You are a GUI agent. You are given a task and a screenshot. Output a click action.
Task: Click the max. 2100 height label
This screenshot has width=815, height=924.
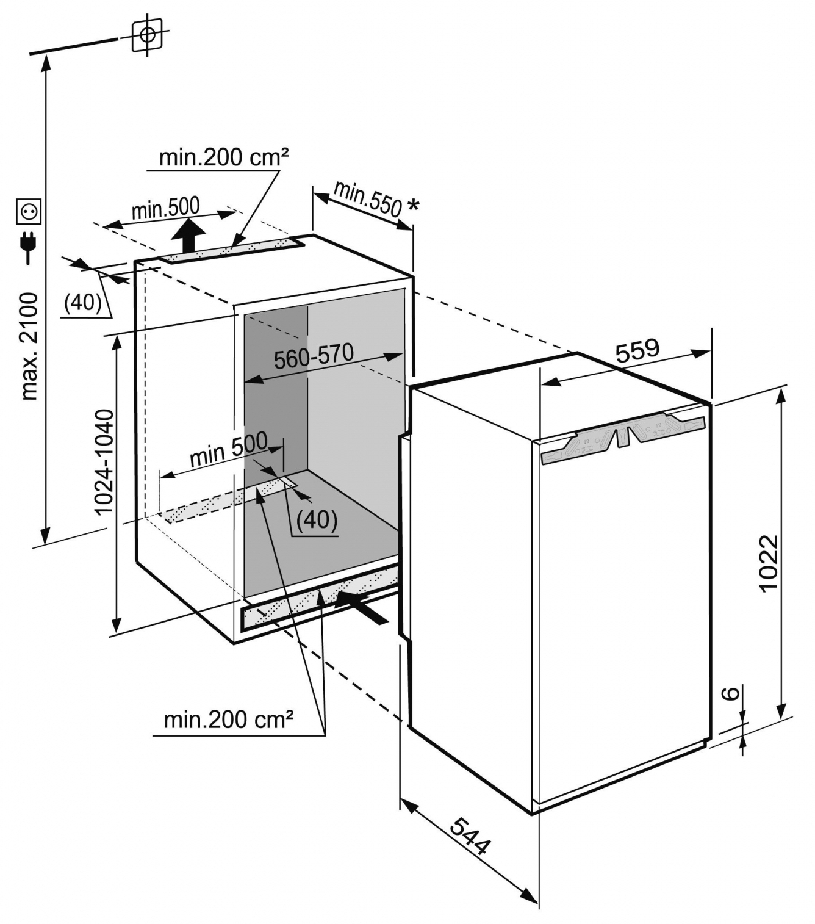click(30, 347)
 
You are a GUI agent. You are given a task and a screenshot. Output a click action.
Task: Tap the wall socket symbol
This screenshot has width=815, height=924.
click(29, 212)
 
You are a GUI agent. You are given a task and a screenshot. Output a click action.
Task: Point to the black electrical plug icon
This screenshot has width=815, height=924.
click(28, 247)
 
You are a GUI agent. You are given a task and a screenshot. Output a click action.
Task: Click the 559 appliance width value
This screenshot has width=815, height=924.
click(637, 350)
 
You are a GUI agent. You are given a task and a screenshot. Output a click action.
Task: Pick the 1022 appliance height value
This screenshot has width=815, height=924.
click(769, 563)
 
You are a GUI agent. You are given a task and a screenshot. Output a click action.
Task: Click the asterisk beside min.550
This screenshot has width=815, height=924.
click(412, 204)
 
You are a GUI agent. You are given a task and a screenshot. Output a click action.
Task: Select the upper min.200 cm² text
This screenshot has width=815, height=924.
click(224, 157)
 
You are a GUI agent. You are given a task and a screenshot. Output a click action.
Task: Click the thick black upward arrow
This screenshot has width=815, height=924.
click(188, 236)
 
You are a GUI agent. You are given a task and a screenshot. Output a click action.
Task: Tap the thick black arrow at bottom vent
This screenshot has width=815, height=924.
click(362, 607)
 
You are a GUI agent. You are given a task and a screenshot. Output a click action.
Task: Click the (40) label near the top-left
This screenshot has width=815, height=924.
click(83, 301)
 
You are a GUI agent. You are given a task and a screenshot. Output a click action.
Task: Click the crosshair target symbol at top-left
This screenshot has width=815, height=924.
click(147, 35)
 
